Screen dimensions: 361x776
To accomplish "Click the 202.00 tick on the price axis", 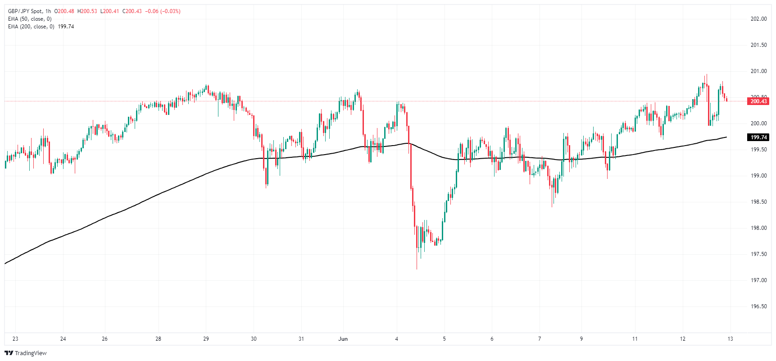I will tap(758, 19).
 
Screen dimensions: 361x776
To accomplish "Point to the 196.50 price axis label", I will tap(758, 306).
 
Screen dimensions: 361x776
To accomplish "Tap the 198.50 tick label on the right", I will tap(758, 202).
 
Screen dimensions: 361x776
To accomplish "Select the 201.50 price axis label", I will tap(758, 45).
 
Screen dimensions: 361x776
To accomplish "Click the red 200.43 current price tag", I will tap(758, 101).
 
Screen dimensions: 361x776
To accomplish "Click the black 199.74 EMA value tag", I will tap(758, 137).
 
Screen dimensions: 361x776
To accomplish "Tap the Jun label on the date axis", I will tap(343, 339).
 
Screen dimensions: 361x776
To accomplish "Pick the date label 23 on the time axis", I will tap(15, 339).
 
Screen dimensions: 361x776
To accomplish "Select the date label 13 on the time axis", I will tap(730, 339).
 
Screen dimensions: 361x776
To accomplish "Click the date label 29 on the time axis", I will tap(206, 339).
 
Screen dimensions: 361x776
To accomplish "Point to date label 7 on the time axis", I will tap(540, 339).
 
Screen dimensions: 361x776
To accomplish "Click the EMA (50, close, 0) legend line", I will tap(30, 19).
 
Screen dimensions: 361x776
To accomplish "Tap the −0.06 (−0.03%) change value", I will tap(163, 11).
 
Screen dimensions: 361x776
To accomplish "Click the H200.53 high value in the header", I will tap(87, 11).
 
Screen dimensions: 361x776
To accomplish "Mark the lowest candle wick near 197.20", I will tap(417, 268).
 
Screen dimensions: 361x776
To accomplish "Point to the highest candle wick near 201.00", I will tap(707, 75).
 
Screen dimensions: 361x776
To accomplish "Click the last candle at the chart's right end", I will tap(726, 100).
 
